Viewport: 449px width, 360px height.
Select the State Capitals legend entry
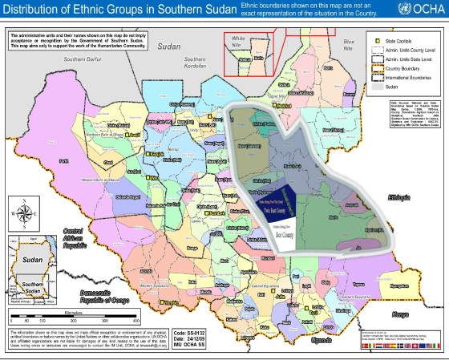pos(392,39)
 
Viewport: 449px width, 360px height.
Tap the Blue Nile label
pos(347,42)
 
